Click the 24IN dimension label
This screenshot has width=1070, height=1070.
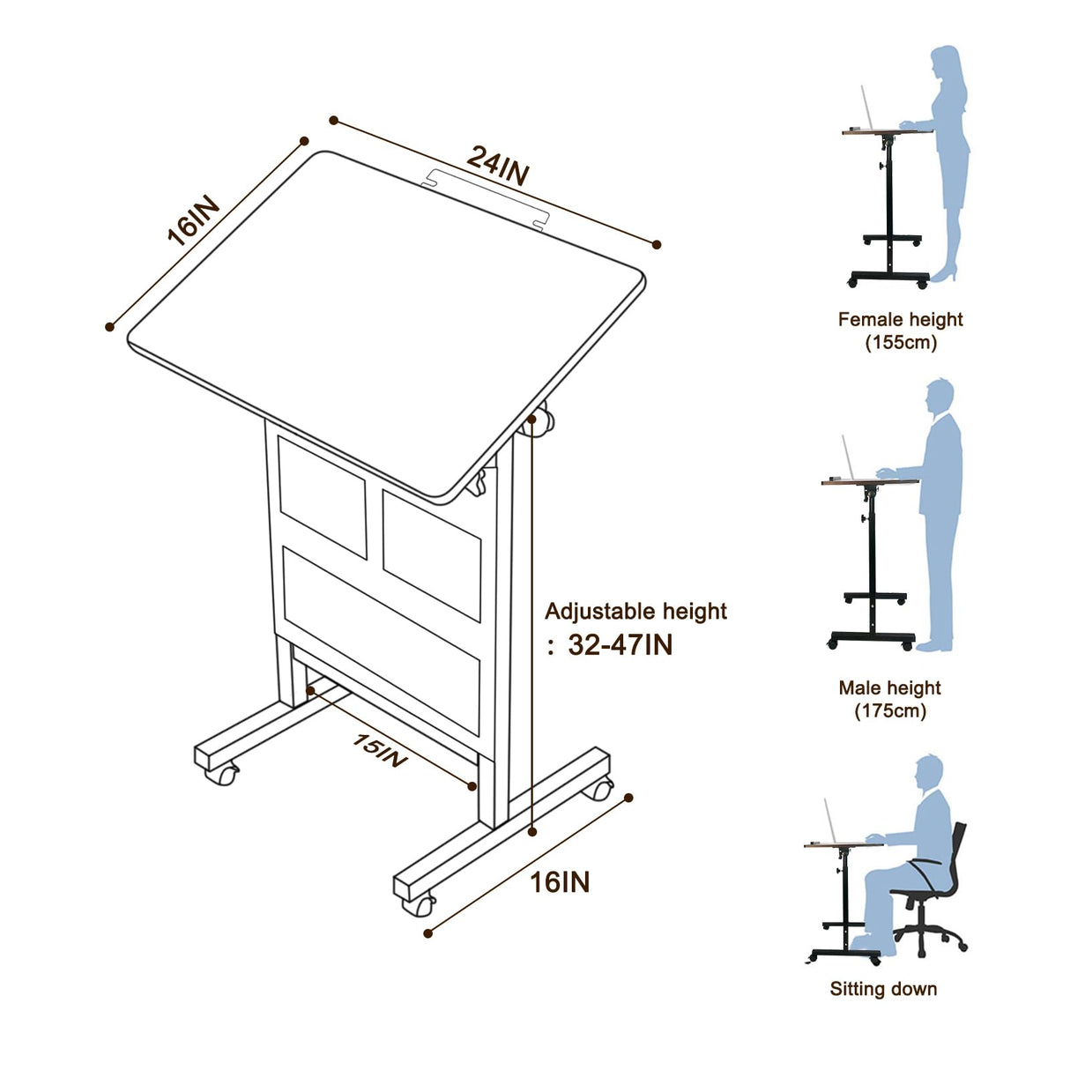tap(498, 165)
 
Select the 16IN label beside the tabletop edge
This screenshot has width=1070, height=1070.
tap(193, 220)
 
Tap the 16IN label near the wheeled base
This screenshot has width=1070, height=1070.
tap(560, 881)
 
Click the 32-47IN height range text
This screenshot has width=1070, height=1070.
tap(620, 645)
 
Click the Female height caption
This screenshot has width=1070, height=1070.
tap(900, 319)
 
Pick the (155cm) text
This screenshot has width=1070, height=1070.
tap(900, 342)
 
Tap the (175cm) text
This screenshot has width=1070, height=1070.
tap(890, 710)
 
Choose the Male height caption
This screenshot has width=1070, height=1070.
tap(889, 687)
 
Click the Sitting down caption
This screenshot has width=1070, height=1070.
tap(883, 988)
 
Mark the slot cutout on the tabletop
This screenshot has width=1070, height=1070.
tap(486, 197)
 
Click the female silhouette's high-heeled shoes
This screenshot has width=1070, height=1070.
tap(943, 277)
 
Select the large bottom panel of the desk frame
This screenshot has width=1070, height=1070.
tap(381, 639)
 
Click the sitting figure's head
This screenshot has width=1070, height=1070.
tap(929, 773)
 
